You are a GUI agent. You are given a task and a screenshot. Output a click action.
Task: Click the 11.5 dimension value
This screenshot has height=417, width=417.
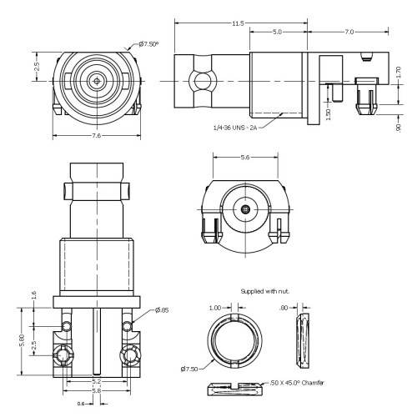pyautogui.click(x=238, y=23)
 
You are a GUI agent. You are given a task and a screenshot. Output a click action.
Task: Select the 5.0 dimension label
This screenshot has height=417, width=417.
pyautogui.click(x=277, y=32)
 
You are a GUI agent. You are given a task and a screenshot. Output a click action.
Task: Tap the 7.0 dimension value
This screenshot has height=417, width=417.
pyautogui.click(x=349, y=32)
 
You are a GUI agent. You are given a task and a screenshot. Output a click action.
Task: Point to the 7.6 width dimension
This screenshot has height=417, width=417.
pyautogui.click(x=97, y=136)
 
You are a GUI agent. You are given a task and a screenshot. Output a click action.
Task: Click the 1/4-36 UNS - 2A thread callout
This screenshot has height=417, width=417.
pyautogui.click(x=235, y=128)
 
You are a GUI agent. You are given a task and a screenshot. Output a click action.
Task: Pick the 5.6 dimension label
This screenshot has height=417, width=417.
pyautogui.click(x=245, y=158)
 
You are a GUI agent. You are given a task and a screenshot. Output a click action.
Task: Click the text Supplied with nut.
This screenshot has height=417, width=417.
pyautogui.click(x=265, y=291)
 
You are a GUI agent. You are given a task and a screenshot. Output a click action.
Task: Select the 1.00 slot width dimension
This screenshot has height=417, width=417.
pyautogui.click(x=215, y=308)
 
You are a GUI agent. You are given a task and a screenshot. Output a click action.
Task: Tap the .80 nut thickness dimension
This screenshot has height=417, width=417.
pyautogui.click(x=284, y=308)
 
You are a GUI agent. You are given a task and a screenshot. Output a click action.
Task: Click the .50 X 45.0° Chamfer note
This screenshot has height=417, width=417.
pyautogui.click(x=297, y=383)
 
